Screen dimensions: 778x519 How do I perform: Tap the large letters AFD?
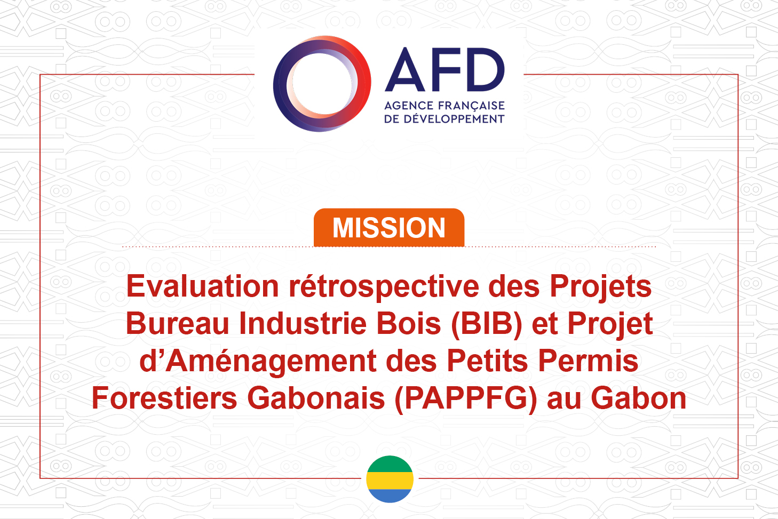(x=444, y=69)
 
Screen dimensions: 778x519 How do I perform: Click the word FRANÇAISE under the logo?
(x=471, y=106)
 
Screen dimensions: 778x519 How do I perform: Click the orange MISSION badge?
(x=389, y=227)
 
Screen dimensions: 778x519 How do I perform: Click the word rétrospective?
(x=384, y=288)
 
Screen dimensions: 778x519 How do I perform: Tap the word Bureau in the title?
(x=177, y=324)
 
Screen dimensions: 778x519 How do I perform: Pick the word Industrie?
(x=303, y=324)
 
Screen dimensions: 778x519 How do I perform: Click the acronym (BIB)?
(x=487, y=324)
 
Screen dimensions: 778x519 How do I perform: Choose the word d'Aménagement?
(x=258, y=361)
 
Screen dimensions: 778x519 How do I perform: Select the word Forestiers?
(x=164, y=398)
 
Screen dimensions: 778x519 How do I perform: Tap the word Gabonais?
(x=316, y=398)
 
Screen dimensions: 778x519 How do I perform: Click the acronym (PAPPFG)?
(x=466, y=399)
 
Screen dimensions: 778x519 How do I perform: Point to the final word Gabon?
(x=639, y=398)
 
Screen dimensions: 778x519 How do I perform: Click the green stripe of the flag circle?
(x=390, y=465)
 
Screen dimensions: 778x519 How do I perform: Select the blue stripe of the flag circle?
(x=390, y=496)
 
